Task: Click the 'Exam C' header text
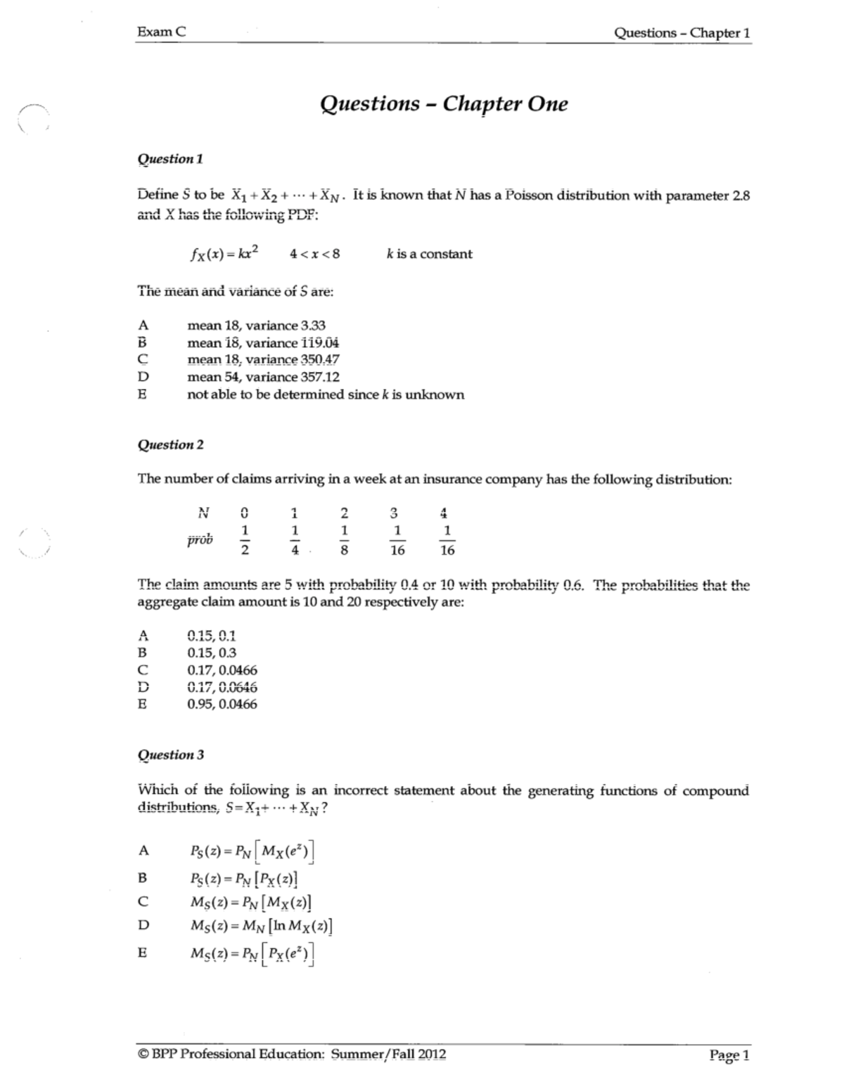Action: pyautogui.click(x=162, y=32)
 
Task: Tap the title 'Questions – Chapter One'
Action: pyautogui.click(x=444, y=104)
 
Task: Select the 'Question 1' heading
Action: pyautogui.click(x=170, y=159)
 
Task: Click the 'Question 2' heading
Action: pyautogui.click(x=170, y=444)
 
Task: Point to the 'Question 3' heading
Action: pyautogui.click(x=170, y=754)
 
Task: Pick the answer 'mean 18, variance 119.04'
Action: pyautogui.click(x=264, y=343)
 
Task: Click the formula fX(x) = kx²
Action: pyautogui.click(x=223, y=254)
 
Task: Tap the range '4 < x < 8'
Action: pyautogui.click(x=314, y=254)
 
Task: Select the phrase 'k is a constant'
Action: pyautogui.click(x=429, y=254)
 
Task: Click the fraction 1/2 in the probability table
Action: pyautogui.click(x=244, y=540)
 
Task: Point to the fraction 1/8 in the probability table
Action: pyautogui.click(x=343, y=540)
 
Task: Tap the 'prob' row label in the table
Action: pyautogui.click(x=200, y=540)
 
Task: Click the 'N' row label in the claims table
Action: pyautogui.click(x=204, y=512)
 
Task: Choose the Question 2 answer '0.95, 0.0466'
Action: pyautogui.click(x=222, y=704)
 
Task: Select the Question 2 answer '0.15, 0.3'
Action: pyautogui.click(x=212, y=653)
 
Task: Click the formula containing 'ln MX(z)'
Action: pyautogui.click(x=261, y=925)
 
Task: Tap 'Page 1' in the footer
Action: pyautogui.click(x=729, y=1055)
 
